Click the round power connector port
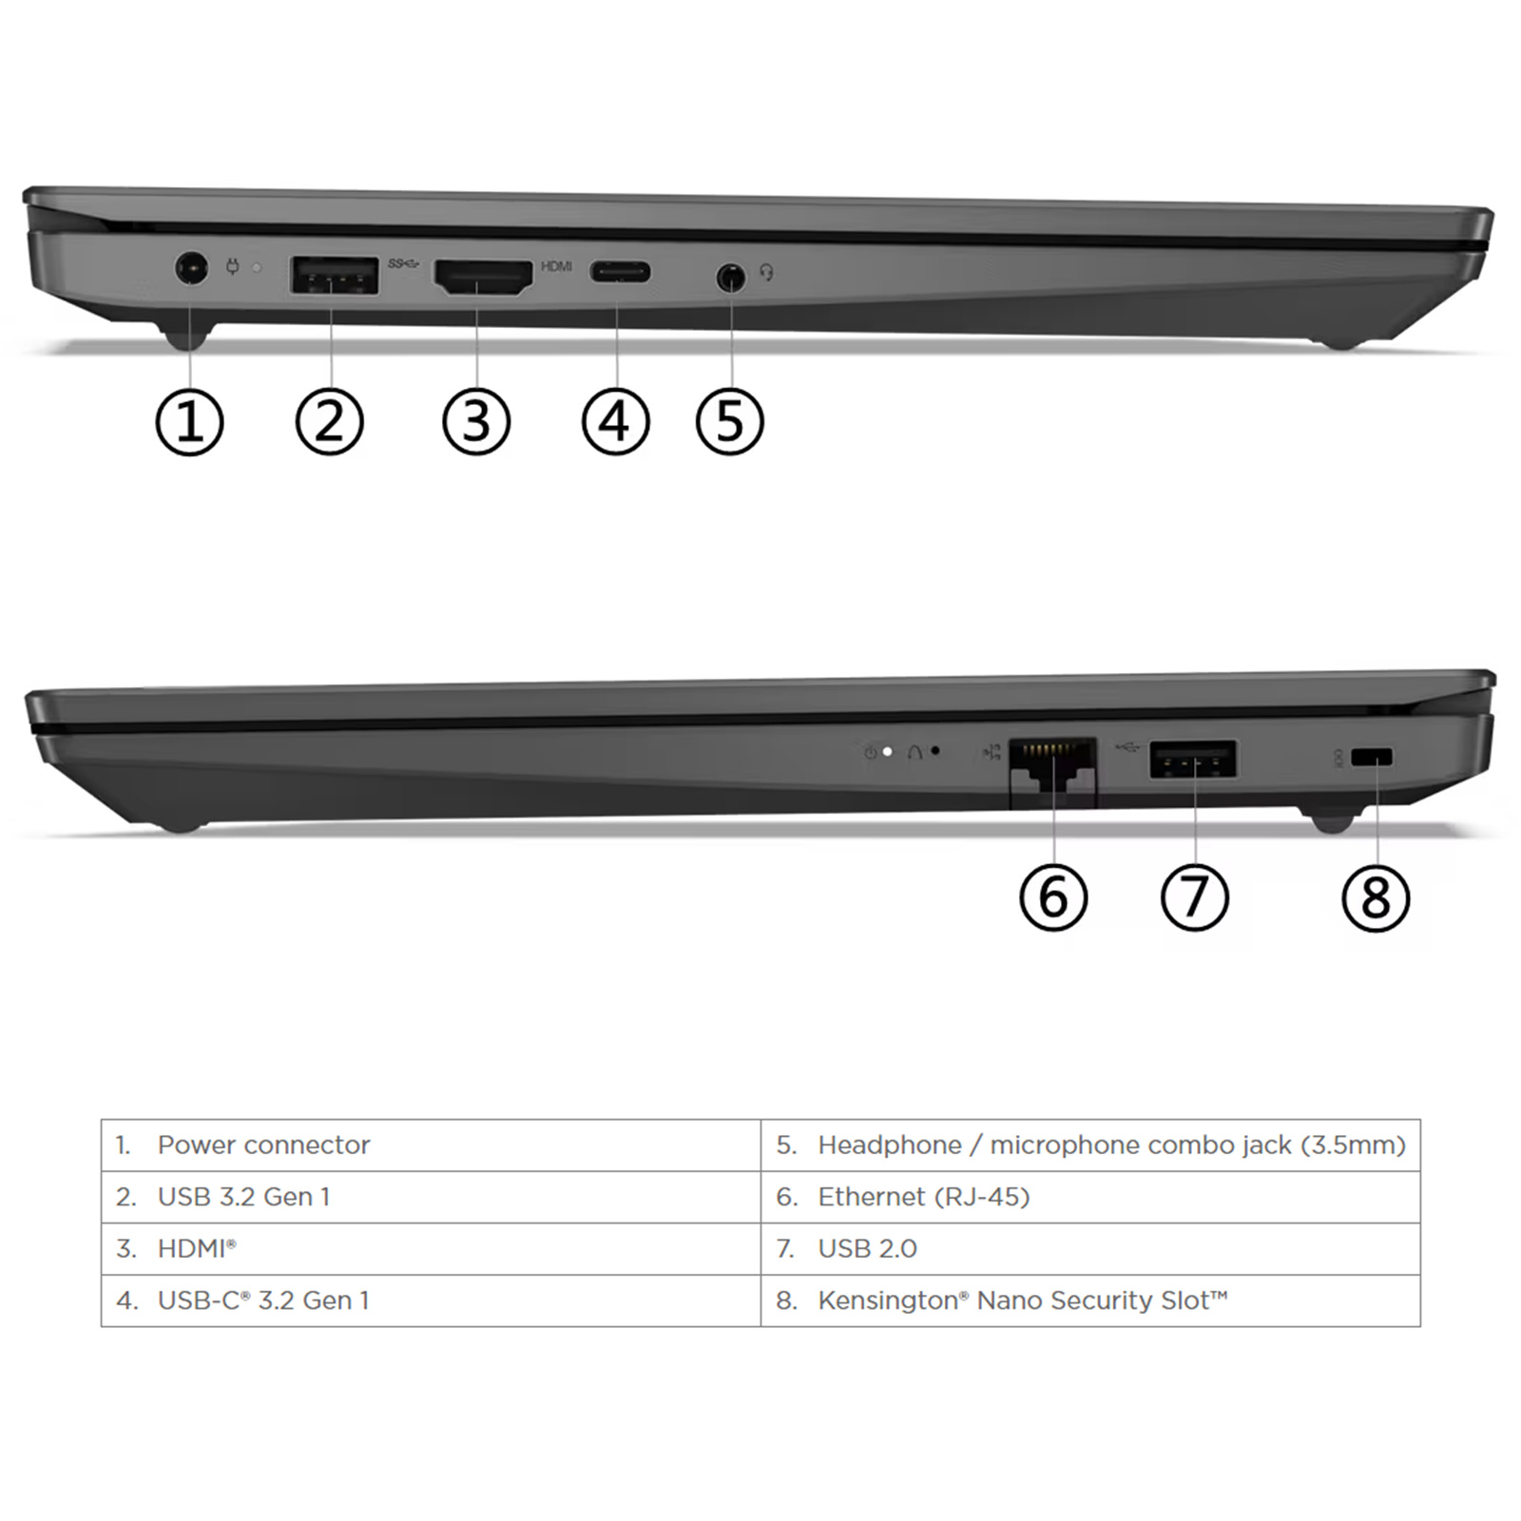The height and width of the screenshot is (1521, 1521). [192, 268]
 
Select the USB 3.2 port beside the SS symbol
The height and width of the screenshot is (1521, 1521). [335, 276]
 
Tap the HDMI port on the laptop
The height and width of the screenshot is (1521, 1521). [483, 277]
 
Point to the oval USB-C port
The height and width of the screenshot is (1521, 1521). [621, 273]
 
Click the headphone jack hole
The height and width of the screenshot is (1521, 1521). [730, 278]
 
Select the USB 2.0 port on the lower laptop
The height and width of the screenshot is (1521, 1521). [1194, 760]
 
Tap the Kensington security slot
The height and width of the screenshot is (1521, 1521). [1371, 758]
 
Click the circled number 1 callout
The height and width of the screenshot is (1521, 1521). [189, 422]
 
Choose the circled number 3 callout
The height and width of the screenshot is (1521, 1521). [476, 421]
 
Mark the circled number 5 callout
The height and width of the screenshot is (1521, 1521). [729, 421]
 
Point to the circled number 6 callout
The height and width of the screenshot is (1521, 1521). [1053, 897]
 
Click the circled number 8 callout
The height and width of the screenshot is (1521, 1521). [1376, 898]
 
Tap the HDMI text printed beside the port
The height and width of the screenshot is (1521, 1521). [556, 266]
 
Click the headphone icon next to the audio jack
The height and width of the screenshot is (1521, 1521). [766, 273]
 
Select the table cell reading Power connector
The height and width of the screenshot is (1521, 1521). [431, 1146]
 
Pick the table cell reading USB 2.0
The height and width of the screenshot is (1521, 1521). [1090, 1249]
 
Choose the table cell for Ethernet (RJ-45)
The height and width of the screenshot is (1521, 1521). [1090, 1197]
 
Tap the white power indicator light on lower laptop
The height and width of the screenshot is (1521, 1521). [887, 752]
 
